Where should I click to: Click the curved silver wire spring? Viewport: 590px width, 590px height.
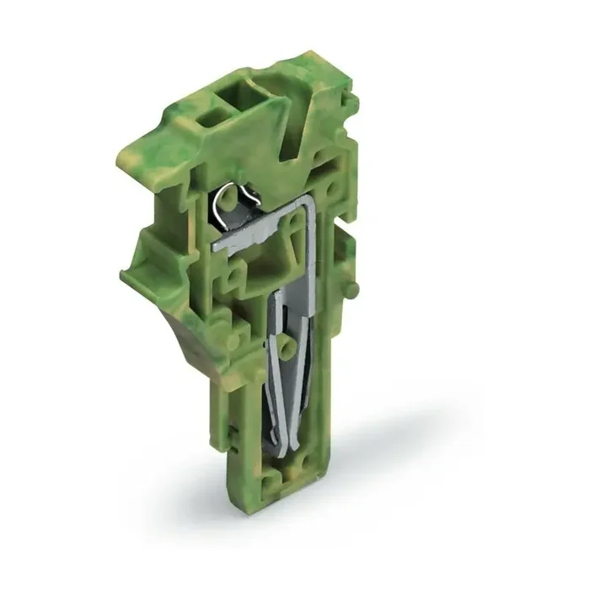point(228,204)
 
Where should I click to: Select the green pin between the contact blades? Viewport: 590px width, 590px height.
point(290,346)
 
